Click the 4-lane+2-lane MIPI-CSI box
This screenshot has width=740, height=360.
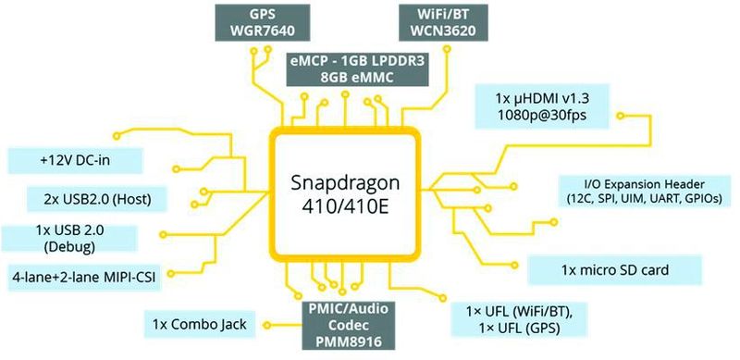coord(81,275)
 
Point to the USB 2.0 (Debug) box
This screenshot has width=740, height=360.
coord(81,238)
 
